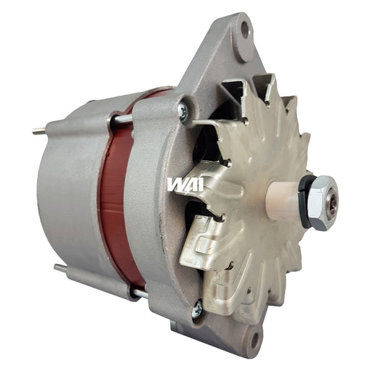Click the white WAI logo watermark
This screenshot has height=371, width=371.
185,185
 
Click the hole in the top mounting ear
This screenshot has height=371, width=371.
244,30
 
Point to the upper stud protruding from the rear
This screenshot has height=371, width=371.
39,132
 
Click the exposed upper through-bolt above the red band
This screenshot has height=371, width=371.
123,119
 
